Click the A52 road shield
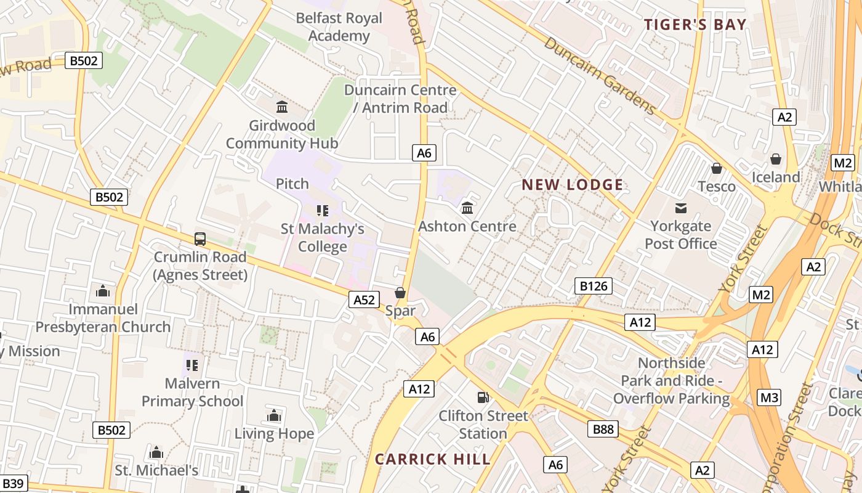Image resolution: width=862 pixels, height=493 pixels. pyautogui.click(x=364, y=299)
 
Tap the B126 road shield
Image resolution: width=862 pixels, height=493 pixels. pyautogui.click(x=594, y=285)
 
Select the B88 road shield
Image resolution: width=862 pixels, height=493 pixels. pyautogui.click(x=603, y=429)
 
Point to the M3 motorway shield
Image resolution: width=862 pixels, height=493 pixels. pyautogui.click(x=769, y=397)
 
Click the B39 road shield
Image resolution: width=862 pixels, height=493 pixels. pyautogui.click(x=12, y=484)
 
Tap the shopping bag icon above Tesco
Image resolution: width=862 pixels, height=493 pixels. pyautogui.click(x=716, y=168)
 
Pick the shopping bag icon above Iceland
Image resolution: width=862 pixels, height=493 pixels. pyautogui.click(x=776, y=159)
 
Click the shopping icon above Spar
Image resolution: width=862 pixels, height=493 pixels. pyautogui.click(x=400, y=293)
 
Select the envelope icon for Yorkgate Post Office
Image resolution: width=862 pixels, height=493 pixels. pyautogui.click(x=681, y=208)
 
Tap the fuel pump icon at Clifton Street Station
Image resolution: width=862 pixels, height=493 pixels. pyautogui.click(x=483, y=397)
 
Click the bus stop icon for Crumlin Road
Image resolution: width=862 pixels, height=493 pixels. pyautogui.click(x=200, y=239)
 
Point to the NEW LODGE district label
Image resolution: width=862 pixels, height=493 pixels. pyautogui.click(x=573, y=185)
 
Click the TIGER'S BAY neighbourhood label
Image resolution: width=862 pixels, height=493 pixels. pyautogui.click(x=695, y=25)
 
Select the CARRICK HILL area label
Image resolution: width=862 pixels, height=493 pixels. pyautogui.click(x=433, y=459)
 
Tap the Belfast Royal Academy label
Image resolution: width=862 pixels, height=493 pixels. pyautogui.click(x=339, y=27)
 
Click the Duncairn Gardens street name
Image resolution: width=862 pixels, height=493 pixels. pyautogui.click(x=600, y=76)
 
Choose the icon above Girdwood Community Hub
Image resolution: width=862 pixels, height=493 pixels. pyautogui.click(x=282, y=107)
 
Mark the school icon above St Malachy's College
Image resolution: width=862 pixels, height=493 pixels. pyautogui.click(x=323, y=211)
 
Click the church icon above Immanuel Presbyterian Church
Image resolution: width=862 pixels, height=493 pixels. pyautogui.click(x=103, y=290)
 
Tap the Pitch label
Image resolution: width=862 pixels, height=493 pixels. pyautogui.click(x=292, y=184)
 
